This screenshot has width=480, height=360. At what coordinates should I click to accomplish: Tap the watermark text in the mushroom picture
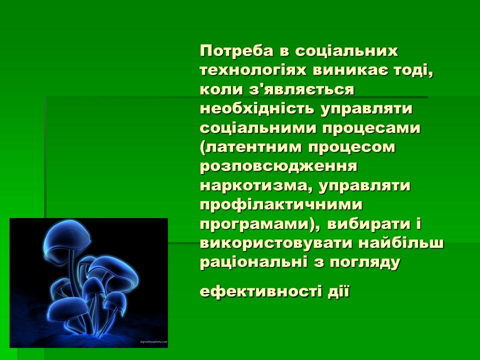click(153, 342)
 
